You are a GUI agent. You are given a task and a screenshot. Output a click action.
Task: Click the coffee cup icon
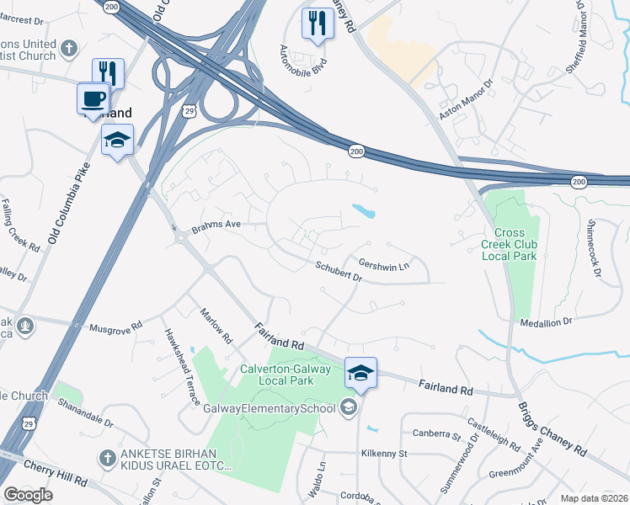pos(93,98)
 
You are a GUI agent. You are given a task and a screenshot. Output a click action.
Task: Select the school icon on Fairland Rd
pos(360,373)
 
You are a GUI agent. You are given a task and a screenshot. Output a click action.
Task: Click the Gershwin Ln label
pos(383,264)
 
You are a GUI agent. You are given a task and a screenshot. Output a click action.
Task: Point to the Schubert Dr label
pos(339,270)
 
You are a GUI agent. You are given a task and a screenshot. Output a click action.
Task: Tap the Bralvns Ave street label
pos(216,225)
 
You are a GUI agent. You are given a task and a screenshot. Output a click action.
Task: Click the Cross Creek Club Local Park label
pos(509,244)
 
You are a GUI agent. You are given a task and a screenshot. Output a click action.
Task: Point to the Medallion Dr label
pos(546,322)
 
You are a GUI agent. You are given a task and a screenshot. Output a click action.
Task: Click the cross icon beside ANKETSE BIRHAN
pos(108,458)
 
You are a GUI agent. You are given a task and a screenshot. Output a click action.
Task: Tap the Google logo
pos(28,495)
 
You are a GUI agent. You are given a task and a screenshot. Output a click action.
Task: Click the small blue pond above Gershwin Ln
pos(364,211)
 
